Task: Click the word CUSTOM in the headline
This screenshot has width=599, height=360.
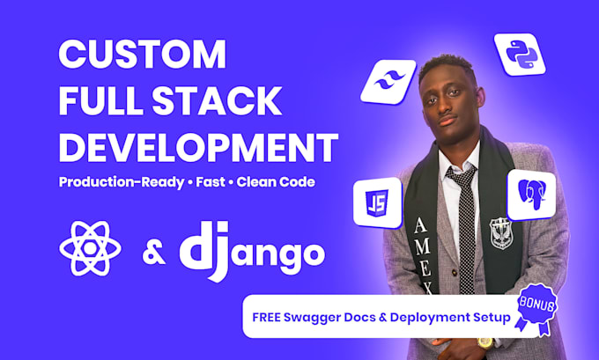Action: [x=142, y=54]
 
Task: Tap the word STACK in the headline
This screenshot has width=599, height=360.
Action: [x=217, y=101]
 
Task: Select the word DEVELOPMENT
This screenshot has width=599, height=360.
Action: [x=198, y=147]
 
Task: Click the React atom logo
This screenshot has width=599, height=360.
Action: [x=90, y=249]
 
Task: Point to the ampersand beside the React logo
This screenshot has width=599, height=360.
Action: [x=154, y=252]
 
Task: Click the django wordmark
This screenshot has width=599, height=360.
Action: [x=252, y=251]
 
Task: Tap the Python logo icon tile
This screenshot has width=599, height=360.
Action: [x=520, y=55]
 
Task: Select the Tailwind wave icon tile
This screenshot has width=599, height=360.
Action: [x=388, y=82]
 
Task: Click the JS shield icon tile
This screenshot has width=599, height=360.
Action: [x=377, y=202]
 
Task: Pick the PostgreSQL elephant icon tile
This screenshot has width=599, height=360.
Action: [x=531, y=195]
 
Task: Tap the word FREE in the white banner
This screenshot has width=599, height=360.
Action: [x=266, y=317]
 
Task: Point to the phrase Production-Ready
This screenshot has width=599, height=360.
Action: [x=122, y=182]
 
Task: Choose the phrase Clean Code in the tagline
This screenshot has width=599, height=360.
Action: [x=276, y=181]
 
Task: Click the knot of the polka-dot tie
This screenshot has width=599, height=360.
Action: [x=461, y=174]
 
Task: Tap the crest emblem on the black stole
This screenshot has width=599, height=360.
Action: [x=501, y=232]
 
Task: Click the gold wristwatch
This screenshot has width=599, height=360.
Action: [x=485, y=342]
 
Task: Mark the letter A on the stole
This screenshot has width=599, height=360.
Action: [x=420, y=225]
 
